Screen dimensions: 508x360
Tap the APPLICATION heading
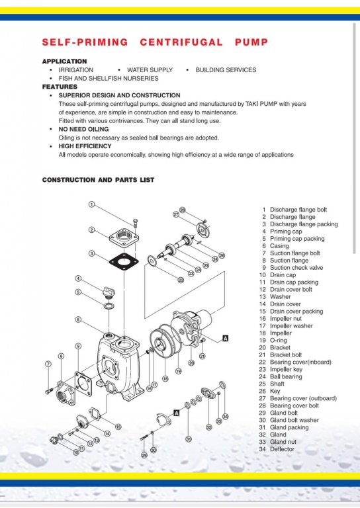64,62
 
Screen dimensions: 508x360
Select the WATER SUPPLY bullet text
150,69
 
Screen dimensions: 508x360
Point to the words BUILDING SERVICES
226,69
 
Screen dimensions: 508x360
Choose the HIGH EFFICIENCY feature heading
84,146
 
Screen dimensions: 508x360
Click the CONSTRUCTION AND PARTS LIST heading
98,180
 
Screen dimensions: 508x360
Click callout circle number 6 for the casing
78,319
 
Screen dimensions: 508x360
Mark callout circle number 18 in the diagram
165,379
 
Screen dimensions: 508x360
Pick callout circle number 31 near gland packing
189,439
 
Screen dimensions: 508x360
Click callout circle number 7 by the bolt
48,364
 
